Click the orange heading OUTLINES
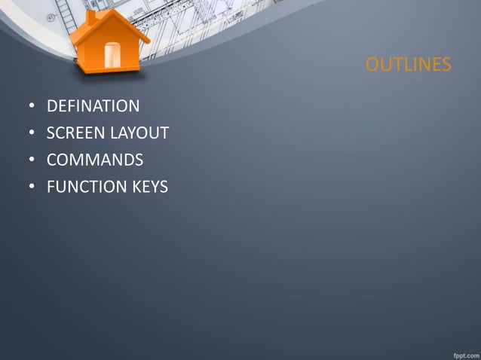point(408,66)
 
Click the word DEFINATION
point(93,106)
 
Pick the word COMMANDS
point(95,160)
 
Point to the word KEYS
point(149,186)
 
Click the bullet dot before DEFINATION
point(32,107)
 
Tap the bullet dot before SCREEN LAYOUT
point(32,134)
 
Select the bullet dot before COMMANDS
point(32,160)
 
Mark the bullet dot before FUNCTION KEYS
point(32,187)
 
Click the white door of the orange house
point(112,55)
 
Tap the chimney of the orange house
point(91,17)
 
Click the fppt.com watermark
point(462,352)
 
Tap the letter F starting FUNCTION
point(51,186)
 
